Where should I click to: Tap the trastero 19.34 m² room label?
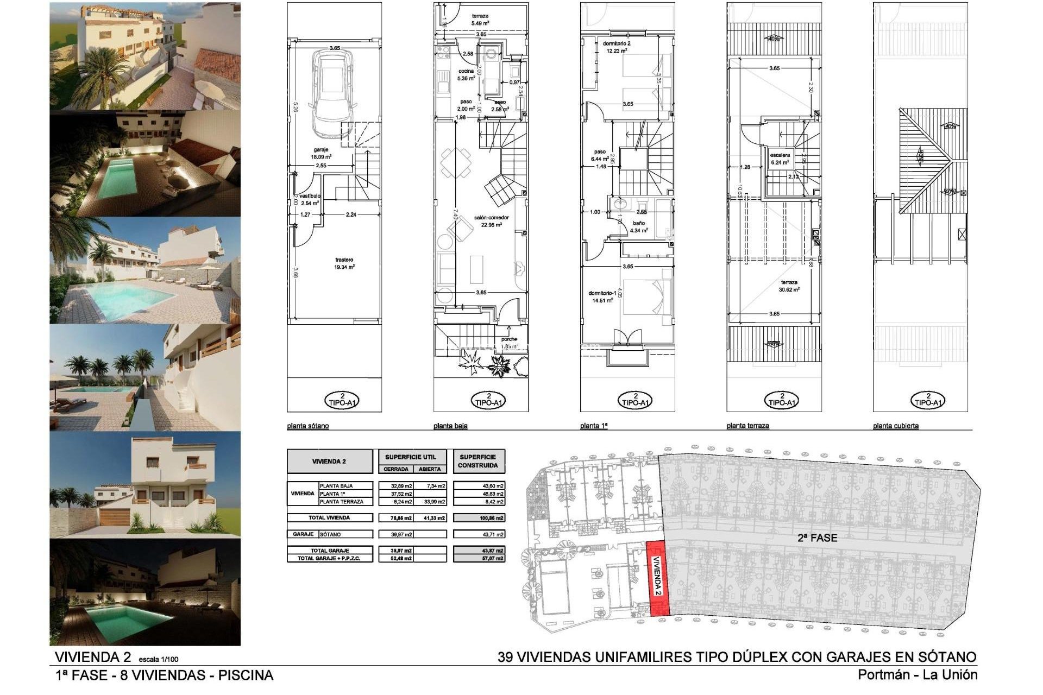344,263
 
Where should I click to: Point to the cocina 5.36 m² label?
466,74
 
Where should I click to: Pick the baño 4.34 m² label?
639,226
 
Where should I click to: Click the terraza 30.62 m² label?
789,286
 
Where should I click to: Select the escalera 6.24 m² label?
780,159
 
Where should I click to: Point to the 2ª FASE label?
817,538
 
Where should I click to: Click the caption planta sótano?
308,426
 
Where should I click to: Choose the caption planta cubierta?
896,426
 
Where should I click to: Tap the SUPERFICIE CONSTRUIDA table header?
477,461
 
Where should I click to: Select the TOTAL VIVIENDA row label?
329,517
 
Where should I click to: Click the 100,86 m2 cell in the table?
479,518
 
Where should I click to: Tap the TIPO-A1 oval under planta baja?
489,401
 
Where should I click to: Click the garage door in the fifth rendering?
114,517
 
